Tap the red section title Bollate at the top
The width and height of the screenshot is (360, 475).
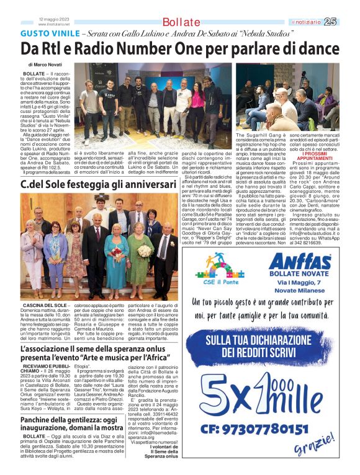181,22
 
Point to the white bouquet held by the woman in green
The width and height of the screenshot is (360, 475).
144,250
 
